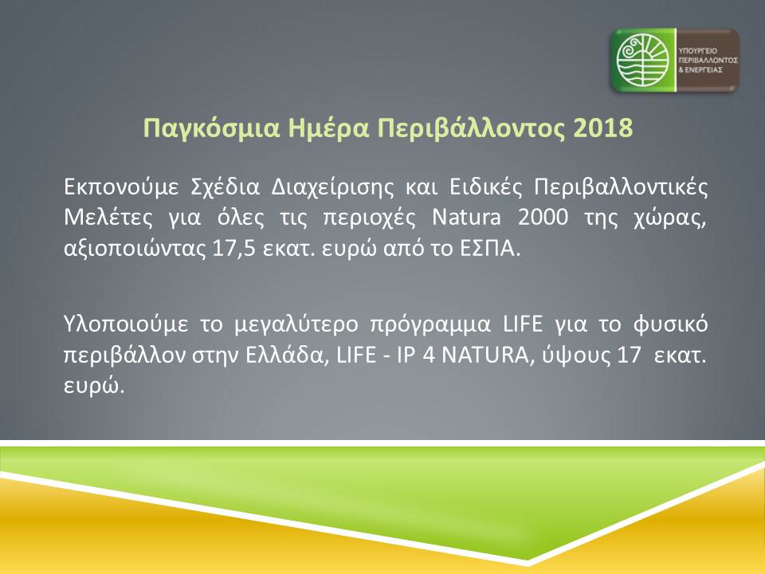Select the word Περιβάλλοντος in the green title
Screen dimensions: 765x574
click(x=471, y=128)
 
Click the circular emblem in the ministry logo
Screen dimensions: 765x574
click(x=642, y=60)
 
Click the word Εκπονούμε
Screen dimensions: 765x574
click(x=121, y=187)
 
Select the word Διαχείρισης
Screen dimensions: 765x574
click(x=331, y=187)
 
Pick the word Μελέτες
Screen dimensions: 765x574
click(x=108, y=218)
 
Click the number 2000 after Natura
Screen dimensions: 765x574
click(x=543, y=218)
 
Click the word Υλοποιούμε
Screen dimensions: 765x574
click(x=126, y=324)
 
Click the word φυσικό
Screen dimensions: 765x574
click(x=670, y=325)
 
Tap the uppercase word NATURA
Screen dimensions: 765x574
click(x=484, y=356)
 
